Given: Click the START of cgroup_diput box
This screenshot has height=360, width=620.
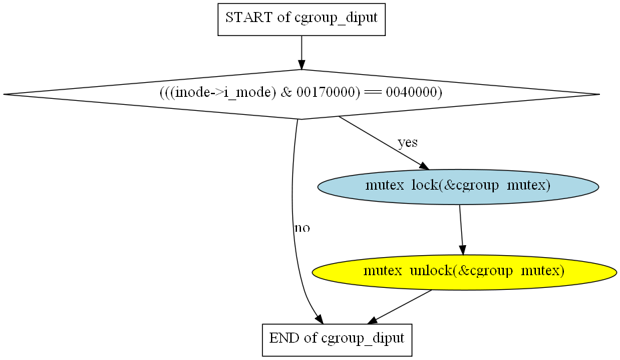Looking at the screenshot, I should pos(302,18).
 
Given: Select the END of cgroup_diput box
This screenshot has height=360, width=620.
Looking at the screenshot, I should pos(336,339).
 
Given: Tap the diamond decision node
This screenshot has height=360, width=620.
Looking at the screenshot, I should pos(302,94).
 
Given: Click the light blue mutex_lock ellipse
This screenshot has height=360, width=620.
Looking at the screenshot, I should pos(458,186).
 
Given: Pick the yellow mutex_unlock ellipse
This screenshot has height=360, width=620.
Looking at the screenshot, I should pos(464,271).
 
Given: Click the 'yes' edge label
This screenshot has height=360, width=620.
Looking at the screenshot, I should pos(408,142).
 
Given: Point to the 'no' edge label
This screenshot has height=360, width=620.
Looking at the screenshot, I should pos(302,228).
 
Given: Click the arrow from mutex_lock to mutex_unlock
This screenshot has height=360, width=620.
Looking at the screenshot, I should pos(461,228).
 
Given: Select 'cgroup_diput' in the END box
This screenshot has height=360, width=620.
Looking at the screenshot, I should pos(362,339).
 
